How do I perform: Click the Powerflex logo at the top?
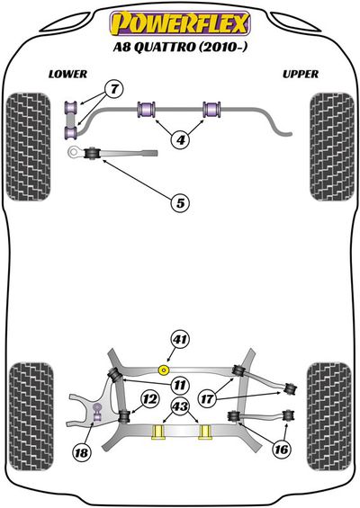[180, 23]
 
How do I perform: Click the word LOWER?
[67, 75]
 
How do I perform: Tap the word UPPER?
[301, 75]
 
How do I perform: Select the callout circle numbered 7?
[114, 89]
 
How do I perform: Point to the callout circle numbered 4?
[180, 139]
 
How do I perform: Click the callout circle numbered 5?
[180, 203]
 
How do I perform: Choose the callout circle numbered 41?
[180, 340]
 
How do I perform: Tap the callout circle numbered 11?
[180, 385]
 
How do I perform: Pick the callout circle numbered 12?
[149, 399]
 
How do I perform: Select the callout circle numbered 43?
[180, 406]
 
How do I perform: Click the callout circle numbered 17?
[207, 399]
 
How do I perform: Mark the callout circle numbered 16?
[281, 450]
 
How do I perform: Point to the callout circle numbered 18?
[81, 452]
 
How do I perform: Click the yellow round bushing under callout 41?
[164, 370]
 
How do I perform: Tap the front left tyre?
[29, 147]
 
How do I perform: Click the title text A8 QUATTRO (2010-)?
[180, 48]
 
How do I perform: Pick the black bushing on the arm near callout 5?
[92, 153]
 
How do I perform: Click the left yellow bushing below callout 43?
[158, 432]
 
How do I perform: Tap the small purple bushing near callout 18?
[96, 413]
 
